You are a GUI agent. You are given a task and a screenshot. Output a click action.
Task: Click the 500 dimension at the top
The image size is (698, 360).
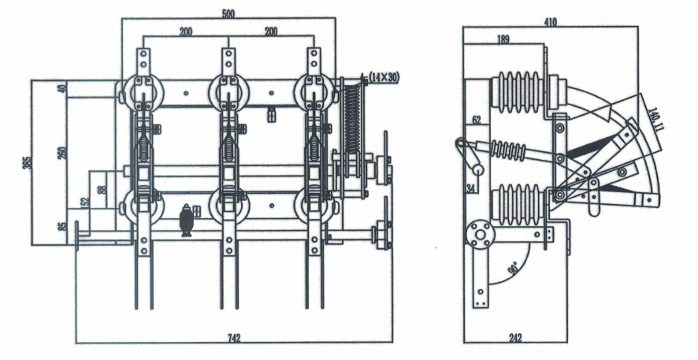(228, 13)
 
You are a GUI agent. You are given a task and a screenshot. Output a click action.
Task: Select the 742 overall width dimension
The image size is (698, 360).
(234, 338)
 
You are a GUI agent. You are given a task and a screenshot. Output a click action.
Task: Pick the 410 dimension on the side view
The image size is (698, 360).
(550, 22)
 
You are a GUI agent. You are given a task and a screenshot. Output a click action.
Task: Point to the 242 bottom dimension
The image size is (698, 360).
(515, 338)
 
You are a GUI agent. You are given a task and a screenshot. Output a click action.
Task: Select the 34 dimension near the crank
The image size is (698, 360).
(470, 187)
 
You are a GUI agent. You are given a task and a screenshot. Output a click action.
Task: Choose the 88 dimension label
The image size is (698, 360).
(101, 189)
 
